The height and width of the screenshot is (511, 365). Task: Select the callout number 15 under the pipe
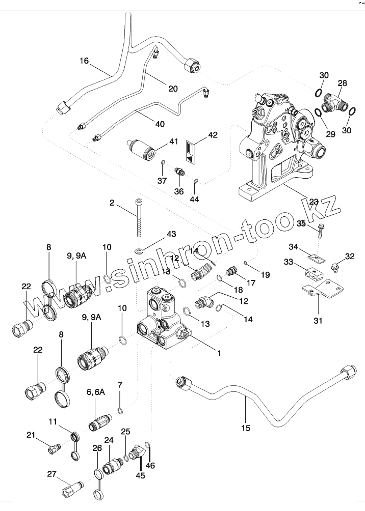[x=246, y=428]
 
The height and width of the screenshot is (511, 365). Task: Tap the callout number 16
[x=84, y=61]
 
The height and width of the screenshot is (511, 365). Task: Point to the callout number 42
[x=212, y=135]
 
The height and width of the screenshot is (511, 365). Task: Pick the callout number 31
[x=318, y=321]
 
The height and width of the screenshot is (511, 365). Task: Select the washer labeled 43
[x=139, y=251]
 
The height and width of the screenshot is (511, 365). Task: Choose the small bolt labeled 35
[x=321, y=231]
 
